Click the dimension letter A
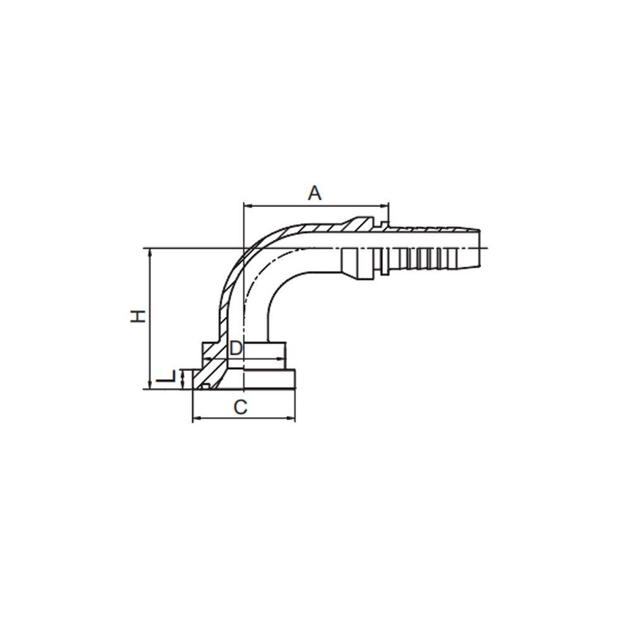tap(315, 193)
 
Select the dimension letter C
tap(241, 408)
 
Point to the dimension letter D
tap(235, 348)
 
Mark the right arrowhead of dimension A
tap(385, 206)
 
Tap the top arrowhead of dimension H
tap(150, 252)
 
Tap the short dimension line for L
tap(183, 379)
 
